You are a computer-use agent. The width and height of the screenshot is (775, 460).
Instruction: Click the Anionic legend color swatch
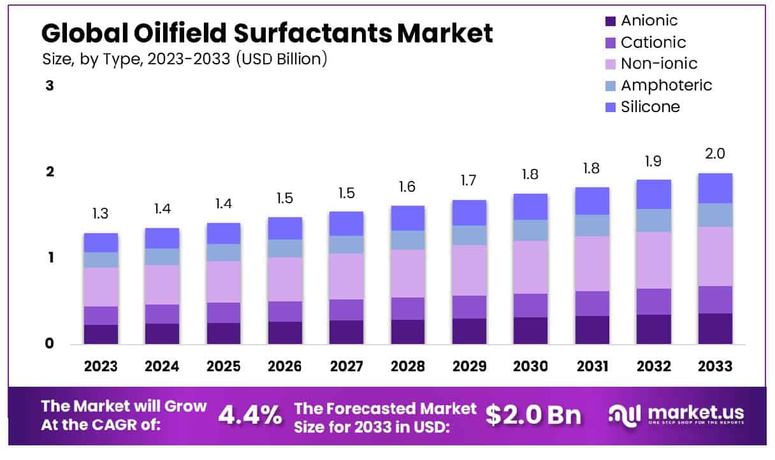(x=610, y=21)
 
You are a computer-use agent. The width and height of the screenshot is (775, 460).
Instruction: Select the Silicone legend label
(x=650, y=106)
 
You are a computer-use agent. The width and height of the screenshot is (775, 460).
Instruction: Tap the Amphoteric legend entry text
(x=666, y=85)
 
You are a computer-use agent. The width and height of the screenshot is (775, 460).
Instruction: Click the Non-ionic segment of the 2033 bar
(x=715, y=256)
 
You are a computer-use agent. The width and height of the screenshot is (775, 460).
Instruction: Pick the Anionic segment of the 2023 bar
(x=101, y=334)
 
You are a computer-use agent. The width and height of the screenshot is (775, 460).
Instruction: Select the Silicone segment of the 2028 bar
(x=407, y=218)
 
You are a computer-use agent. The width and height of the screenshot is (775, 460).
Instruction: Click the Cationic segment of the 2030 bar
(x=530, y=305)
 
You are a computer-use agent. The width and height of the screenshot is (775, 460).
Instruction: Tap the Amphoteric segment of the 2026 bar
(x=285, y=248)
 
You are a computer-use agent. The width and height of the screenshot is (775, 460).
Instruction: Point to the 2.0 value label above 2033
(x=715, y=154)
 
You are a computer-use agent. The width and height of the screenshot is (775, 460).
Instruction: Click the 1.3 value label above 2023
(x=101, y=214)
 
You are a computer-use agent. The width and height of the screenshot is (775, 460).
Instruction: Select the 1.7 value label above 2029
(x=469, y=181)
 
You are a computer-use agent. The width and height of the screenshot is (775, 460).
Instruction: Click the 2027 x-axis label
(x=346, y=366)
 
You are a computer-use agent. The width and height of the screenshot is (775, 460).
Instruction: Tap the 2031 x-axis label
(x=592, y=366)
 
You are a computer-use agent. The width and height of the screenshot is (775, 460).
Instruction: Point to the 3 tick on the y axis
(x=50, y=86)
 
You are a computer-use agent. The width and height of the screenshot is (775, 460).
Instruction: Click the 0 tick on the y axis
(x=50, y=344)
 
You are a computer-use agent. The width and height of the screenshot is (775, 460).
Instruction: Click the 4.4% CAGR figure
(x=250, y=415)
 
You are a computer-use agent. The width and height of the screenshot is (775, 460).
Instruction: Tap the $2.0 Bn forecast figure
(x=533, y=415)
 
